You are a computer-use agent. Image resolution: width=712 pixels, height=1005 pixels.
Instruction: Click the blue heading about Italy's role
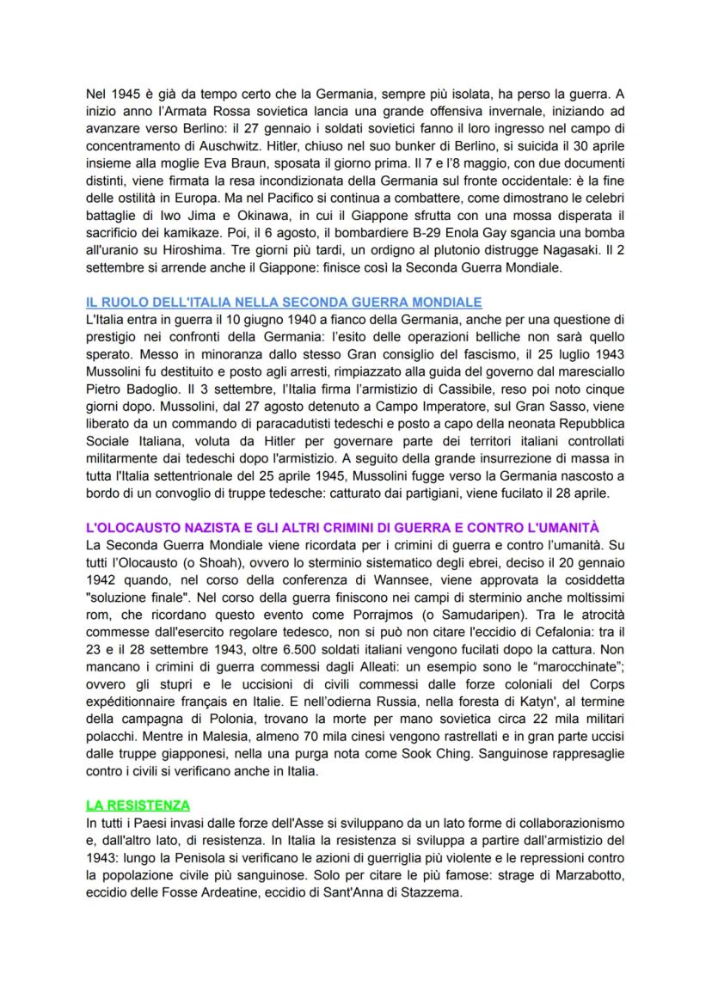(x=284, y=302)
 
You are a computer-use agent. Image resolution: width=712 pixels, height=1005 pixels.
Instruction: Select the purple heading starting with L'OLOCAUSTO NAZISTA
(x=342, y=525)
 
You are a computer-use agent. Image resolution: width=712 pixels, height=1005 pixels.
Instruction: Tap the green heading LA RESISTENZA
(x=138, y=805)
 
